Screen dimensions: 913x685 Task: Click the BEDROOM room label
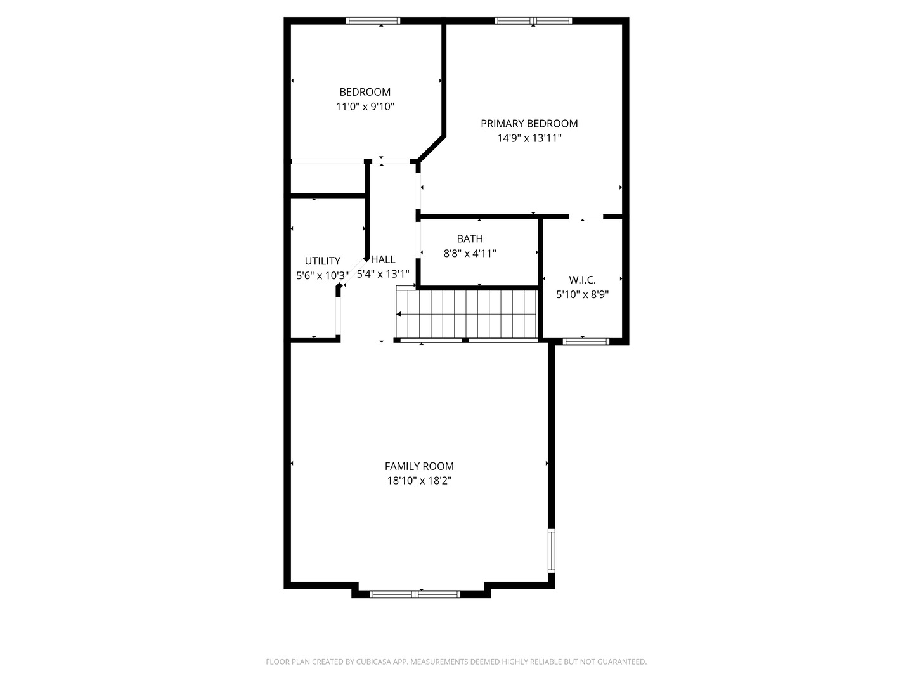tap(365, 92)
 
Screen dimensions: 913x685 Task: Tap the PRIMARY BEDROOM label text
tap(529, 124)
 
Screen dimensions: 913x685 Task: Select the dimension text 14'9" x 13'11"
tap(529, 138)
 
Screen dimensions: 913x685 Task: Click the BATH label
tap(470, 238)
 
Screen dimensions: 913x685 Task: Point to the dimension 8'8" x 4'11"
tap(470, 253)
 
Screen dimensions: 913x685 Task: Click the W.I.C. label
tap(582, 280)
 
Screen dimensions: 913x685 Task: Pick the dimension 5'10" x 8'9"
tap(582, 294)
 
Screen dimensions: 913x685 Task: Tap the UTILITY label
tap(322, 261)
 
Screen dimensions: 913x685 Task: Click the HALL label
tap(383, 259)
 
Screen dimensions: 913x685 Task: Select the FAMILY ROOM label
tap(419, 466)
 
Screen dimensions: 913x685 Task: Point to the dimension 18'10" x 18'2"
tap(419, 481)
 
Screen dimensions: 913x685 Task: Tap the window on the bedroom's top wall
tap(373, 21)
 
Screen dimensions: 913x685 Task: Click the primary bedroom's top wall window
tap(533, 21)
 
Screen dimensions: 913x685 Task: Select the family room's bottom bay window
tap(415, 594)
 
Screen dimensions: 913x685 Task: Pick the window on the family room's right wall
tap(551, 551)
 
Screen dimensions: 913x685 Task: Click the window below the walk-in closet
tap(586, 341)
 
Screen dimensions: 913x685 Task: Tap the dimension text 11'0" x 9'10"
tap(365, 107)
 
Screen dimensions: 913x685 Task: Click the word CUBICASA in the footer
tap(373, 662)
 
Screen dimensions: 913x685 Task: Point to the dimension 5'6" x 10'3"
tap(322, 276)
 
